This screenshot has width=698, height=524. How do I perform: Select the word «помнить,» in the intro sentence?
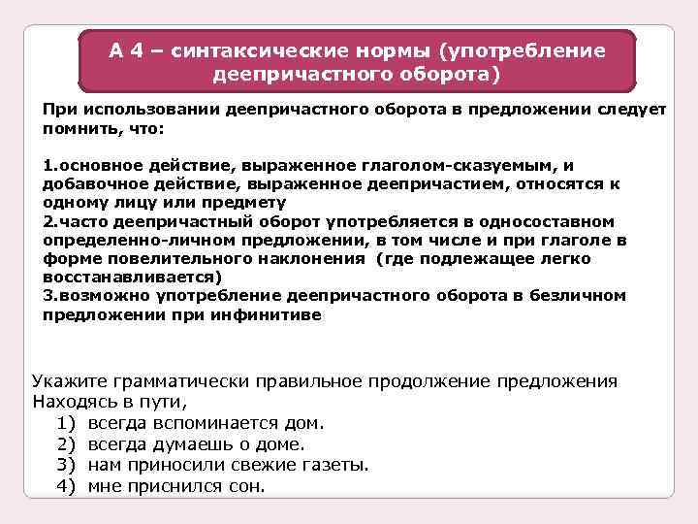click(x=74, y=127)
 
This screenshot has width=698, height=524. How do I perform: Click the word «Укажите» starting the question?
click(x=69, y=381)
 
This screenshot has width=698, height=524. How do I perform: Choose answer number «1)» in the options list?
click(x=65, y=423)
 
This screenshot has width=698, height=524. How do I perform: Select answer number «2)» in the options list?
click(x=65, y=444)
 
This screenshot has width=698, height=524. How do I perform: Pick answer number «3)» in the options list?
click(x=65, y=465)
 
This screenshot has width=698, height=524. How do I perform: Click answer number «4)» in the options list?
click(x=65, y=486)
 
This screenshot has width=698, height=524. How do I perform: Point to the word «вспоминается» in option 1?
click(x=210, y=423)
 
